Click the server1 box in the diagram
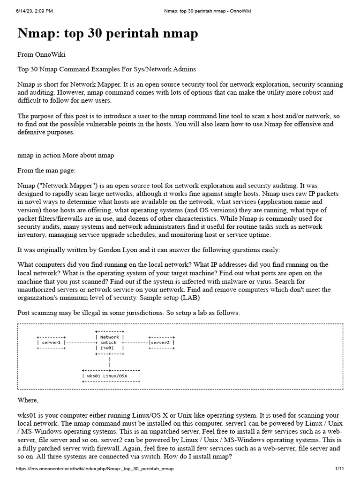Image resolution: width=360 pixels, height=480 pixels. click(x=52, y=343)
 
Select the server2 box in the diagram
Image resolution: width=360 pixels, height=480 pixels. click(x=162, y=343)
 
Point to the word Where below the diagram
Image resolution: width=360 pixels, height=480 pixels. click(x=28, y=400)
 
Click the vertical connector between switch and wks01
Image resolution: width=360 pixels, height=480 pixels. click(x=109, y=361)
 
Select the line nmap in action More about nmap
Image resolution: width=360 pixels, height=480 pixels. click(x=66, y=155)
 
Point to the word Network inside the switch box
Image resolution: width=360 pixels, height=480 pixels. click(x=109, y=337)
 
